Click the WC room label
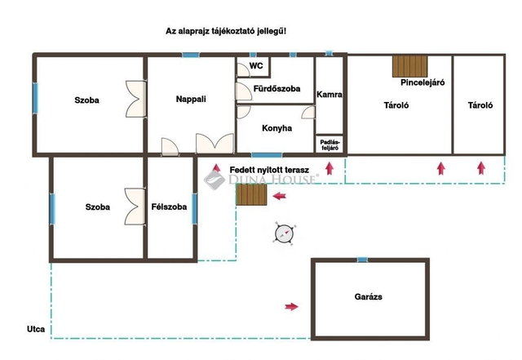coord(256,65)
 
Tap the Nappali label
coord(191,99)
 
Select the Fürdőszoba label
coord(276,89)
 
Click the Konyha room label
coord(276,128)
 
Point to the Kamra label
coord(330,95)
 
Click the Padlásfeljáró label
coord(330,145)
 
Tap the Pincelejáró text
coord(422,82)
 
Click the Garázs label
coord(368,296)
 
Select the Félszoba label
coord(169,207)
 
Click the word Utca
coord(36,329)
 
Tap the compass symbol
coord(285,233)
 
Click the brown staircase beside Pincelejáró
coord(409,66)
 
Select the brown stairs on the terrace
coord(251,194)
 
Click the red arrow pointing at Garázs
coord(291,306)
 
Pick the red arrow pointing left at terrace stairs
coord(279,196)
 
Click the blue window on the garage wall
coord(362,260)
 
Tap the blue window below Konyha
coord(267,155)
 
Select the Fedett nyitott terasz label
coord(269,170)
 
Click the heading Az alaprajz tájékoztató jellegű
coord(226,31)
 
